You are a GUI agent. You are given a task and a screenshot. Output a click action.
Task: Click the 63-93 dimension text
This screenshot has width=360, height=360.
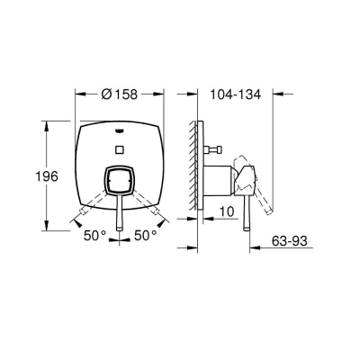(x=295, y=241)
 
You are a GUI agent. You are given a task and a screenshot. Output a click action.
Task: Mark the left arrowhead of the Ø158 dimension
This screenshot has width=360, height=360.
(x=78, y=92)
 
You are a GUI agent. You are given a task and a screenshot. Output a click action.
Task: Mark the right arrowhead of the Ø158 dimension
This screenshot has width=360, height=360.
(x=163, y=92)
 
